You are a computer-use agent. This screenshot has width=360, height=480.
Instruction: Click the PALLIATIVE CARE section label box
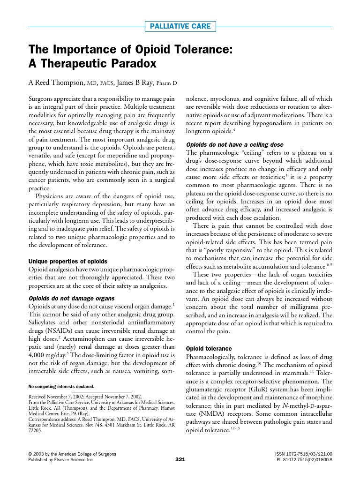[x=180, y=26]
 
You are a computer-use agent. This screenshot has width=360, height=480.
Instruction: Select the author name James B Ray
[x=135, y=83]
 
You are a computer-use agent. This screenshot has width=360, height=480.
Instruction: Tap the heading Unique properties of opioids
[x=68, y=261]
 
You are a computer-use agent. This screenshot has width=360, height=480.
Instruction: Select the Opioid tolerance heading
[x=209, y=349]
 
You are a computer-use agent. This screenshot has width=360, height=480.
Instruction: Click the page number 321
[x=180, y=460]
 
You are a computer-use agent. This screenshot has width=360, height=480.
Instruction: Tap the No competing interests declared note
[x=61, y=387]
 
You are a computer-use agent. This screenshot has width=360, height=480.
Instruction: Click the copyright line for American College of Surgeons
[x=72, y=454]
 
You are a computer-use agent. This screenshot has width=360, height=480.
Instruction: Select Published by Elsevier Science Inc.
[x=61, y=460]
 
